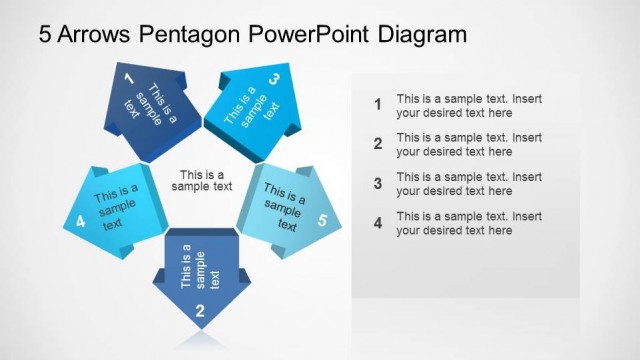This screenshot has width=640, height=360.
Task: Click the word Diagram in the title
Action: (x=422, y=35)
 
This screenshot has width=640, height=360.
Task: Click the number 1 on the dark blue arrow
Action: (x=128, y=77)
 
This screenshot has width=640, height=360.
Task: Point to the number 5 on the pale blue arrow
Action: (x=321, y=222)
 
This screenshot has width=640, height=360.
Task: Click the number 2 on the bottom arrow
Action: (x=200, y=311)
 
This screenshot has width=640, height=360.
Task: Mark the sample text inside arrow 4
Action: (x=115, y=205)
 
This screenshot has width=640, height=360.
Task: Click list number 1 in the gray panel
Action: (x=377, y=104)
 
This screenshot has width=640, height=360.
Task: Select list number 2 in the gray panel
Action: (x=377, y=144)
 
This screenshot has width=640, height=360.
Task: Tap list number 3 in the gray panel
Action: (x=377, y=183)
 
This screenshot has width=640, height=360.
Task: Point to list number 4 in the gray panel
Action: (x=377, y=223)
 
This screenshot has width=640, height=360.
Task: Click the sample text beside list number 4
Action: (x=468, y=223)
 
